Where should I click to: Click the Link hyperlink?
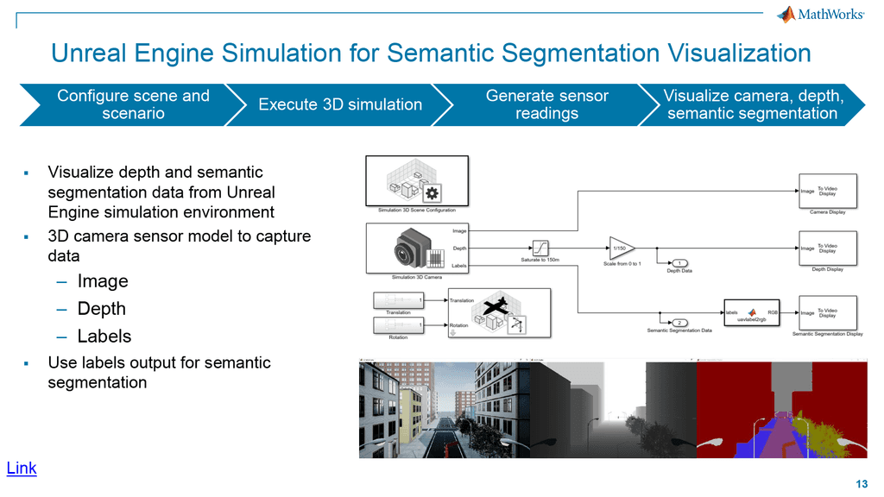pos(22,469)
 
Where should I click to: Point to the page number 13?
pos(862,483)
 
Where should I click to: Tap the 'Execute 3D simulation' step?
pos(340,104)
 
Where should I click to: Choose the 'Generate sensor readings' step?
pos(546,104)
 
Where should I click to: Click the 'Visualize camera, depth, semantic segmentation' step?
pos(752,104)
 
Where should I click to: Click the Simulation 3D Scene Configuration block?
pos(417,180)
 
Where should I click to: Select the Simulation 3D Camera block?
pos(408,248)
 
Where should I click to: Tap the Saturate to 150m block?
pos(540,248)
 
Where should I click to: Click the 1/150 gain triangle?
pos(620,248)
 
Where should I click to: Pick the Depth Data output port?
pos(679,262)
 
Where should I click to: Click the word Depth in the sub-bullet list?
pos(101,309)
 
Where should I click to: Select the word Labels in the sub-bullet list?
pos(104,337)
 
